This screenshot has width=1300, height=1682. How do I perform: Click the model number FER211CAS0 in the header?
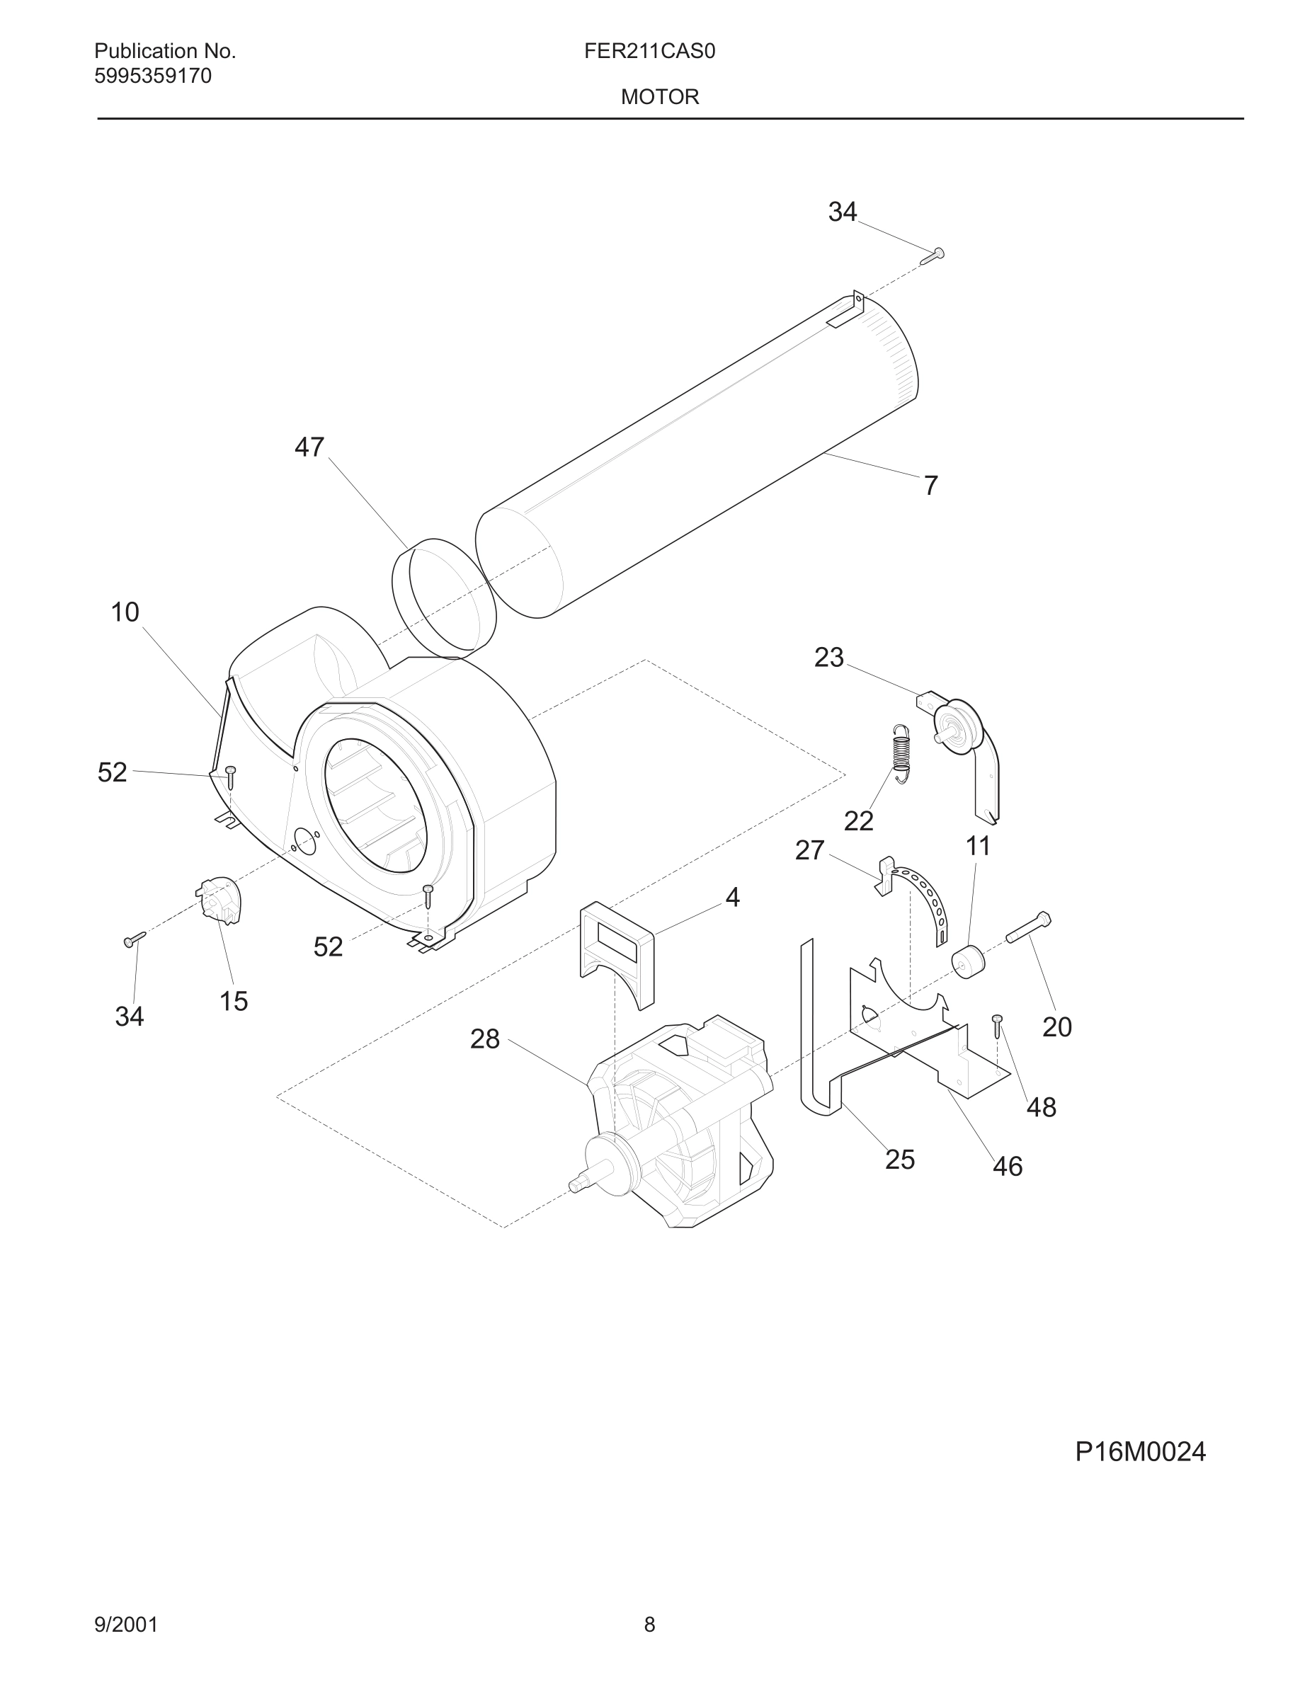point(649,52)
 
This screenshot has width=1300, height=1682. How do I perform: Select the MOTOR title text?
point(660,97)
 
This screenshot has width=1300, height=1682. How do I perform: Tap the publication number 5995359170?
point(152,76)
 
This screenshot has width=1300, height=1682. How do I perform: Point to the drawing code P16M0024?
point(1140,1452)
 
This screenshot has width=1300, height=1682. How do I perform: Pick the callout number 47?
point(309,447)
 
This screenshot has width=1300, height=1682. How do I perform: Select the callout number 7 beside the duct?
point(930,486)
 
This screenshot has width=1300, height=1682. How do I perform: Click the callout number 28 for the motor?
point(485,1039)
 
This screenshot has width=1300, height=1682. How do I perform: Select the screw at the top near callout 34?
point(933,256)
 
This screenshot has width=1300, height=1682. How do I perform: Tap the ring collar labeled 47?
point(443,599)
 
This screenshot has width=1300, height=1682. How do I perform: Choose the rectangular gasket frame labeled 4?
point(616,954)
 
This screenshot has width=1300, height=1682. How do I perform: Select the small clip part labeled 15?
point(219,900)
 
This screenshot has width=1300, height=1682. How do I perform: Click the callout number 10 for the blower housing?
point(125,612)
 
